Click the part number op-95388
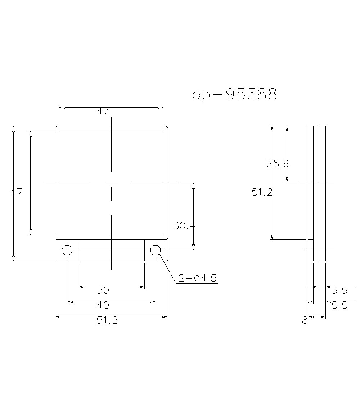[x=235, y=94]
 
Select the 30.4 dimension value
[x=184, y=226]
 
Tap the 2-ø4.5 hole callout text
[x=198, y=278]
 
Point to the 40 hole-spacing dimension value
[x=103, y=305]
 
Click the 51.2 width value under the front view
[x=107, y=320]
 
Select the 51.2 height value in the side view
[x=262, y=192]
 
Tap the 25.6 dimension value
[x=277, y=164]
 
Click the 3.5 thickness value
[x=339, y=290]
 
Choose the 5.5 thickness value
[x=339, y=305]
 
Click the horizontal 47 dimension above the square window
[x=103, y=111]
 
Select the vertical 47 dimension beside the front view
[x=16, y=192]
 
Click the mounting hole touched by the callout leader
[x=156, y=250]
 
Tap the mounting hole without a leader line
[x=67, y=250]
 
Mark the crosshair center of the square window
[x=111, y=183]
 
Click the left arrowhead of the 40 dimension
[x=70, y=302]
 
